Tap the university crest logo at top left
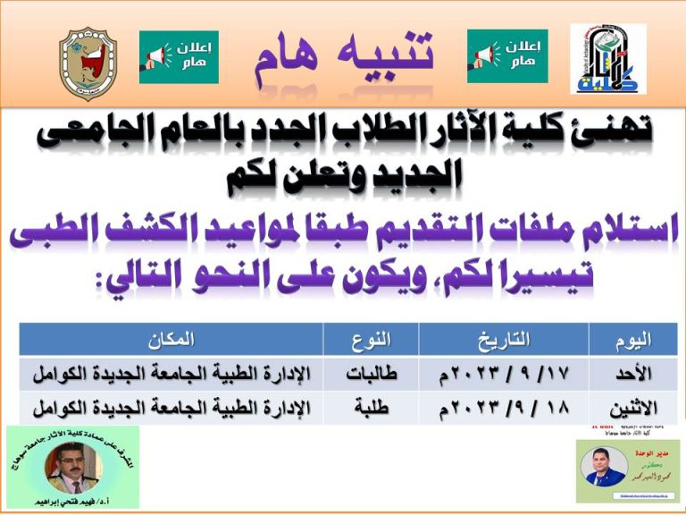pos(88,63)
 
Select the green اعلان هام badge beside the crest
pos(179,57)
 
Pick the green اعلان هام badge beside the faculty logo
pos(507,56)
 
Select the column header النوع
pos(370,339)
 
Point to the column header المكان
pos(172,339)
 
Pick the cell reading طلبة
pos(370,407)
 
